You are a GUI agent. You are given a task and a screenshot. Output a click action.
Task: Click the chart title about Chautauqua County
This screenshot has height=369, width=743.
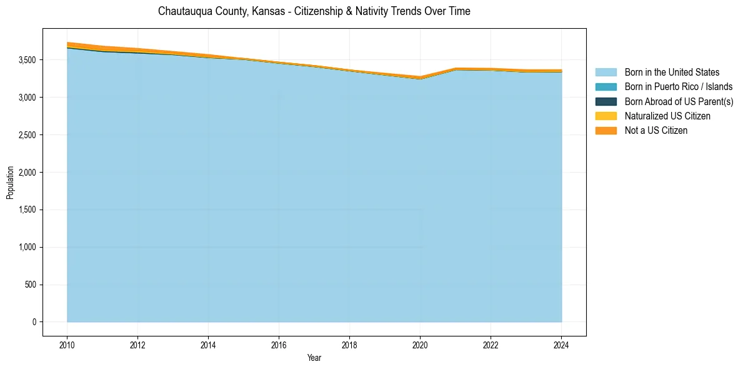[x=314, y=11]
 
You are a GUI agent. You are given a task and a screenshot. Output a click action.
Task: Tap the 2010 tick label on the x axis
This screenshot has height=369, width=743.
[x=67, y=345]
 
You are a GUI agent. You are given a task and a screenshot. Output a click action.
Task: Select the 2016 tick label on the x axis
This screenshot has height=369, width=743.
[x=279, y=345]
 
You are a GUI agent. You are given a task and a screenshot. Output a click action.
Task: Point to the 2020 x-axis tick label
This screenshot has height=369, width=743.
[x=420, y=345]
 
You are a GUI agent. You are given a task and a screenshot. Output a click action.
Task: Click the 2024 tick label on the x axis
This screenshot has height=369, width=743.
[x=561, y=345]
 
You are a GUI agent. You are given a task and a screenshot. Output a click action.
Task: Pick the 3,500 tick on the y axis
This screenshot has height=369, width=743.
[x=26, y=60]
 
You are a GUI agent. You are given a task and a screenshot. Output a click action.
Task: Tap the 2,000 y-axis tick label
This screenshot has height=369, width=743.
[x=26, y=172]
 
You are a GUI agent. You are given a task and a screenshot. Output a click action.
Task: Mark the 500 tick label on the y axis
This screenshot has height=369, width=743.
[x=31, y=285]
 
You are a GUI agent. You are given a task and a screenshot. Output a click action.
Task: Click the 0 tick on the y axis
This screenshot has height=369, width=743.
[x=34, y=322]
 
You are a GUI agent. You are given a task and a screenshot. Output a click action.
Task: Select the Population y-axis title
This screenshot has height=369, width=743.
[x=10, y=183]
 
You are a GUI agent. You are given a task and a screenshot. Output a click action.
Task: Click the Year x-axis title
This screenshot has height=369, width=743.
[x=314, y=358]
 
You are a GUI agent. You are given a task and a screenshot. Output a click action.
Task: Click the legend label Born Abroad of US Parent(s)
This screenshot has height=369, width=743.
[x=679, y=101]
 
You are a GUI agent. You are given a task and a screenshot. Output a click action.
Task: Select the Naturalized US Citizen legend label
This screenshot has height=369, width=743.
[x=667, y=116]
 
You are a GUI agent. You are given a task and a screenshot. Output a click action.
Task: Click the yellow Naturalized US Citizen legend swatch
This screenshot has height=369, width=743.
[x=606, y=116]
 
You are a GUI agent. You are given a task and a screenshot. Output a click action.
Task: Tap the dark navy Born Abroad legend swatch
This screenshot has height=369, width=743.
[x=606, y=101]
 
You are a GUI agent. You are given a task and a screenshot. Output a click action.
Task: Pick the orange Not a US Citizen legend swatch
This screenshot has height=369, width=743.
[x=606, y=130]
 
